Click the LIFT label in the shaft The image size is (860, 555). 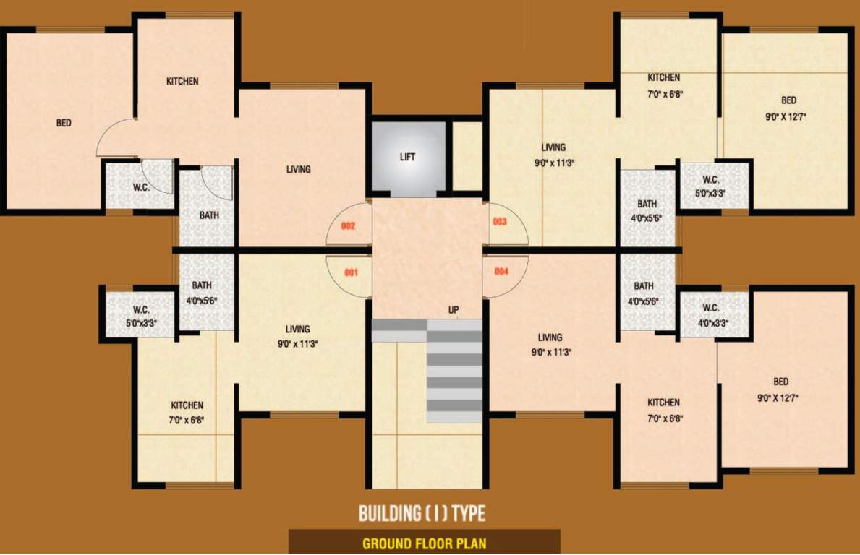pos(408,157)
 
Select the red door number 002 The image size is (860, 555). pos(349,226)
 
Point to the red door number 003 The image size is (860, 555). pos(500,222)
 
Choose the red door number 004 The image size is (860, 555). pos(501,272)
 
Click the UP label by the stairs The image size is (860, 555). pos(454,311)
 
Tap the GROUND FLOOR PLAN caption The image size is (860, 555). pos(424,543)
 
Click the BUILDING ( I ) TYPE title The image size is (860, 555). pos(422,514)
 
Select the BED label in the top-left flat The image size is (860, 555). pos(64,123)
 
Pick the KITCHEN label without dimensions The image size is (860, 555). pos(182,81)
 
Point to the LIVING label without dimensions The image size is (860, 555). pos(298,170)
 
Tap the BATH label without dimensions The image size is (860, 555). pos(209,215)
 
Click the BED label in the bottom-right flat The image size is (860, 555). pos(780,382)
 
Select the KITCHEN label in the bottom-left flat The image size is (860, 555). pos(187,405)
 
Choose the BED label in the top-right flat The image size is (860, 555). pos(788,100)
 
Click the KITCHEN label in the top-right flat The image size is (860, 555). pos(663,77)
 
